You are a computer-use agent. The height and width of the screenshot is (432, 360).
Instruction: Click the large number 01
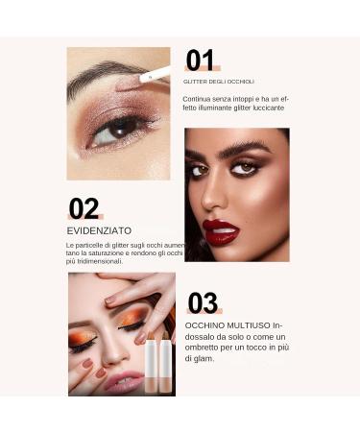tap(201, 60)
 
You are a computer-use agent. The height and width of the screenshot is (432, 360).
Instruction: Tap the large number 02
tap(84, 208)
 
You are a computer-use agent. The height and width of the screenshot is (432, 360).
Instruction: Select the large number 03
tap(203, 303)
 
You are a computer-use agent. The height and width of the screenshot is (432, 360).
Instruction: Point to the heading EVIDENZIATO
tap(100, 230)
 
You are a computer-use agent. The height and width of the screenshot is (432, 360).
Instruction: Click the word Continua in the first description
tap(200, 98)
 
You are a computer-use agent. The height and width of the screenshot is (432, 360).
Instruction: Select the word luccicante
tap(266, 108)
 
